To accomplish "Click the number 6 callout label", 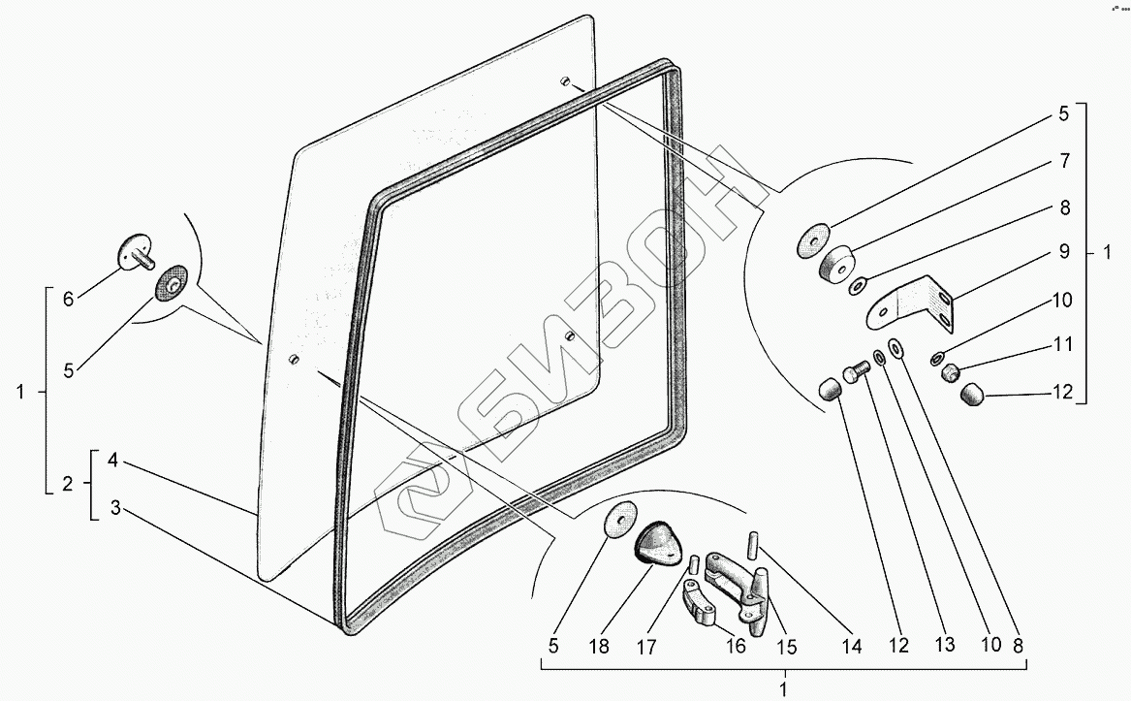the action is point(68,300).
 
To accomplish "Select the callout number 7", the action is point(1063,160).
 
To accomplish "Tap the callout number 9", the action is point(1063,252).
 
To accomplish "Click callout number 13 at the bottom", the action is point(944,645).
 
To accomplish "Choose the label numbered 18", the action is point(600,647).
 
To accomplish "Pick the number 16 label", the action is point(737,647).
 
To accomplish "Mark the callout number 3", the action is point(114,508).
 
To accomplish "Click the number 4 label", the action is point(114,461).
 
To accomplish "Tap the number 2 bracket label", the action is point(68,484).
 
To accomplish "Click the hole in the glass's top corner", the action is point(564,81).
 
